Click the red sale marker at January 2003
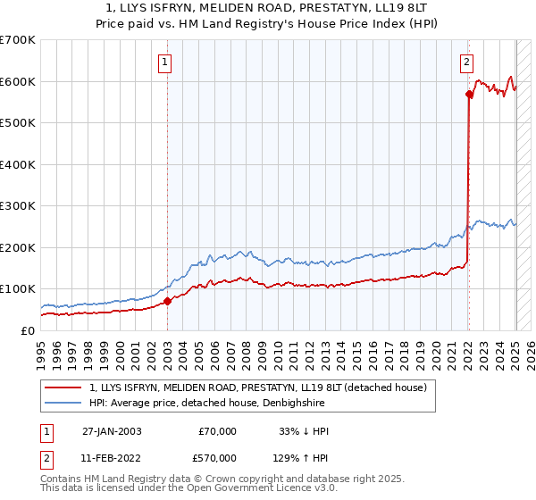167,302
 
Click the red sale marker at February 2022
468,94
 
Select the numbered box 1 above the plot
167,62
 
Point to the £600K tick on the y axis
18,82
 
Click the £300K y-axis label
18,206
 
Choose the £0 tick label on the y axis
27,330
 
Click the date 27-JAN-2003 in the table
112,431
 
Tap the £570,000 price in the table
217,456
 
